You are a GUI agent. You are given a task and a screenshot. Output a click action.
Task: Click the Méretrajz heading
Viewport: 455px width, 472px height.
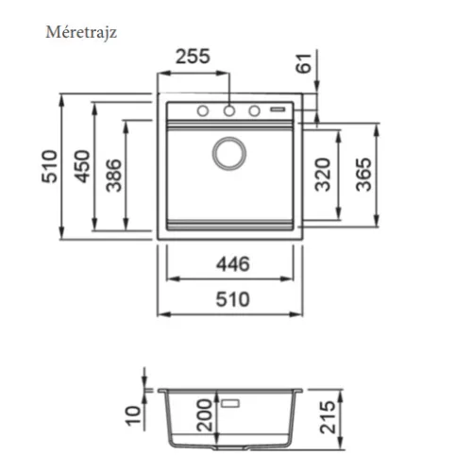coord(81,32)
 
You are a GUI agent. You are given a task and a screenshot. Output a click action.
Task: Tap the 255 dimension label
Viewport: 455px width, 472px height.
coord(193,57)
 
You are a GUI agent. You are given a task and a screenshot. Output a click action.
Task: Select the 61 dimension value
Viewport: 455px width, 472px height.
coord(304,63)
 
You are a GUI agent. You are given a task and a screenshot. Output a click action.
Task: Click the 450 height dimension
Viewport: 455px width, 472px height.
coord(82,166)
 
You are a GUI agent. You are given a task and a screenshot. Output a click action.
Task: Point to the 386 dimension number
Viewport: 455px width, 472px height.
coord(113,176)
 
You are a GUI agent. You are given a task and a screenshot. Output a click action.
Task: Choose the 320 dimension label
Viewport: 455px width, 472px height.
coord(323,175)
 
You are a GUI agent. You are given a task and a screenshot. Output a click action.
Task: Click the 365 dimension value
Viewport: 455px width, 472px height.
coord(363,175)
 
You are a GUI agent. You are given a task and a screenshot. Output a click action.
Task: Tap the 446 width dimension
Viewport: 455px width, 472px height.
coord(233,264)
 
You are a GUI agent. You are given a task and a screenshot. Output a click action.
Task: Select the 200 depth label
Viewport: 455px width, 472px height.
coord(204,415)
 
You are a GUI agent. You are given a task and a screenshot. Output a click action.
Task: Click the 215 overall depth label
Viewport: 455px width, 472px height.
coord(328,417)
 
